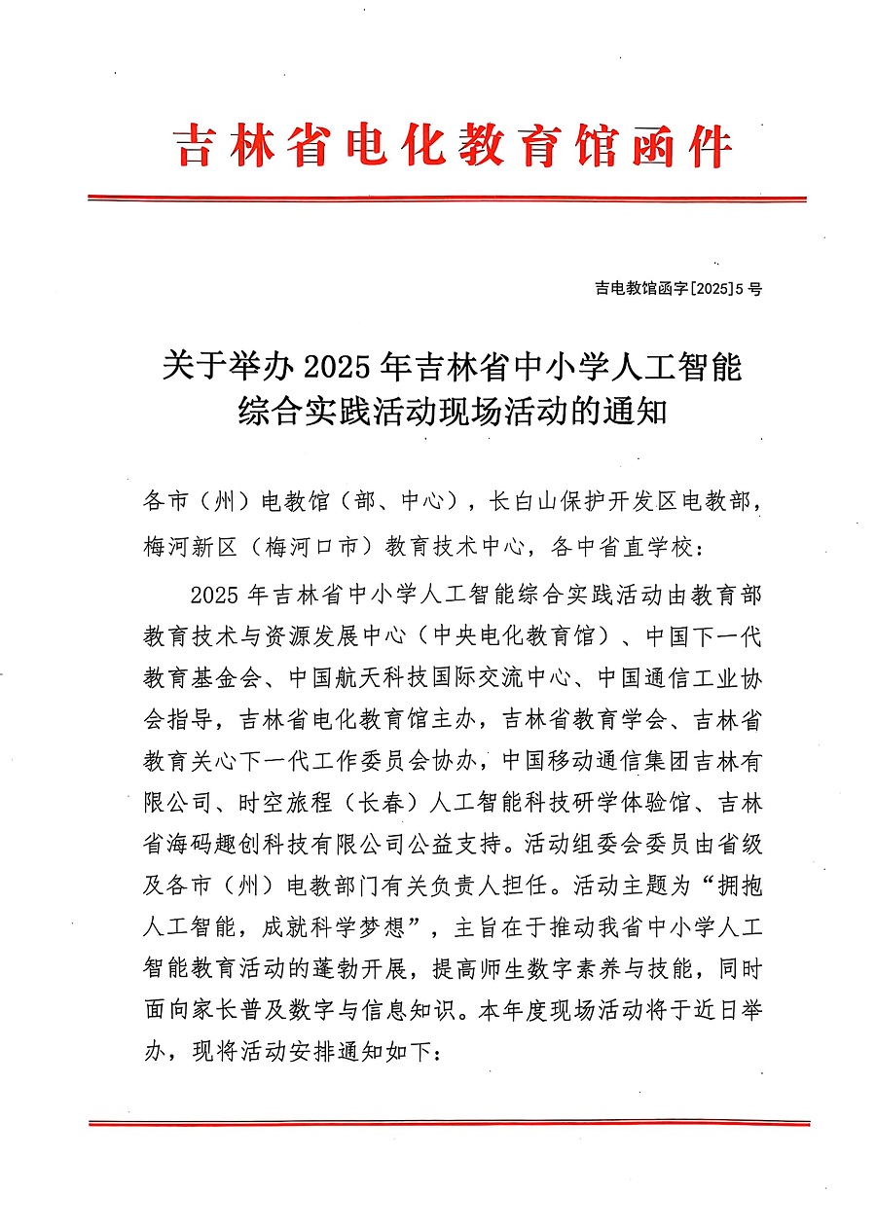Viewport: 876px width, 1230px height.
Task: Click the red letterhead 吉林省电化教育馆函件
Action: [x=453, y=147]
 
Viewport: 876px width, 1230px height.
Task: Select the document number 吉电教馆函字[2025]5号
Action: [x=678, y=288]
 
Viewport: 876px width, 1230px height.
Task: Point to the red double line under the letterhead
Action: [x=448, y=199]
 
